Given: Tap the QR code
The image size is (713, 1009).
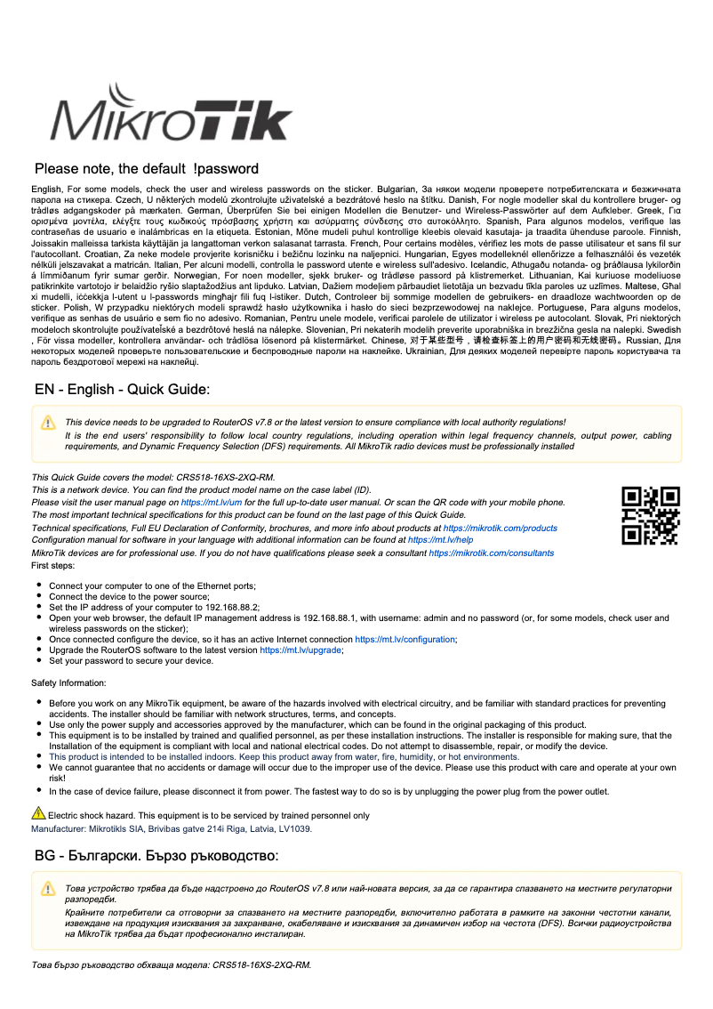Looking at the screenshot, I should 650,515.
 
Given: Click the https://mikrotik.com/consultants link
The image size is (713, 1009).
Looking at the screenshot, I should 491,553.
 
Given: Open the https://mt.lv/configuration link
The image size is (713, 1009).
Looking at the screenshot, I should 405,640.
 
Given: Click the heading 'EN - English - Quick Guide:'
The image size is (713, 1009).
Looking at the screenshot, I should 122,390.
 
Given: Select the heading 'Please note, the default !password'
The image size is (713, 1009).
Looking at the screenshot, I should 147,169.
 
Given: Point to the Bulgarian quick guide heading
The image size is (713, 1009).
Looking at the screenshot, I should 156,855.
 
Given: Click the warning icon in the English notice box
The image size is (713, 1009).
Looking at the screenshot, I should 48,423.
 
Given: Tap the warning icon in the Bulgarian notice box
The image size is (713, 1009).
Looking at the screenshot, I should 48,889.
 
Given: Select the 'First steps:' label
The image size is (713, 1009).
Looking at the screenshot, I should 53,565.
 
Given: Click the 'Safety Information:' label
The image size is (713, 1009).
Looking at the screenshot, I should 68,682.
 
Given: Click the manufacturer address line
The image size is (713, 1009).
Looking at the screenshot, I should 172,827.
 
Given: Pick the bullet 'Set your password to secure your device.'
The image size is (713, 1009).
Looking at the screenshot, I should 131,661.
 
